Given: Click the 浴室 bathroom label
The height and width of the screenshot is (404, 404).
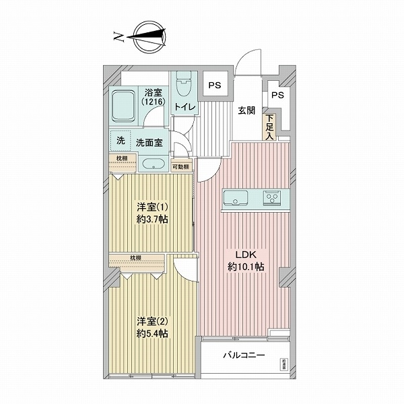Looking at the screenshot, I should [152, 95].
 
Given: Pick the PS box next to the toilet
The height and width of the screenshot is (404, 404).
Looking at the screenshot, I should [214, 86].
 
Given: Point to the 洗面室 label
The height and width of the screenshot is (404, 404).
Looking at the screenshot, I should [149, 142].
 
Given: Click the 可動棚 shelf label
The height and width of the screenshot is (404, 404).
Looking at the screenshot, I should [180, 166].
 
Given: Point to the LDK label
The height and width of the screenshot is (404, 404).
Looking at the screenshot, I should [245, 255].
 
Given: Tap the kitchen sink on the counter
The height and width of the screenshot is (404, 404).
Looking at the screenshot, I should [236, 198].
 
